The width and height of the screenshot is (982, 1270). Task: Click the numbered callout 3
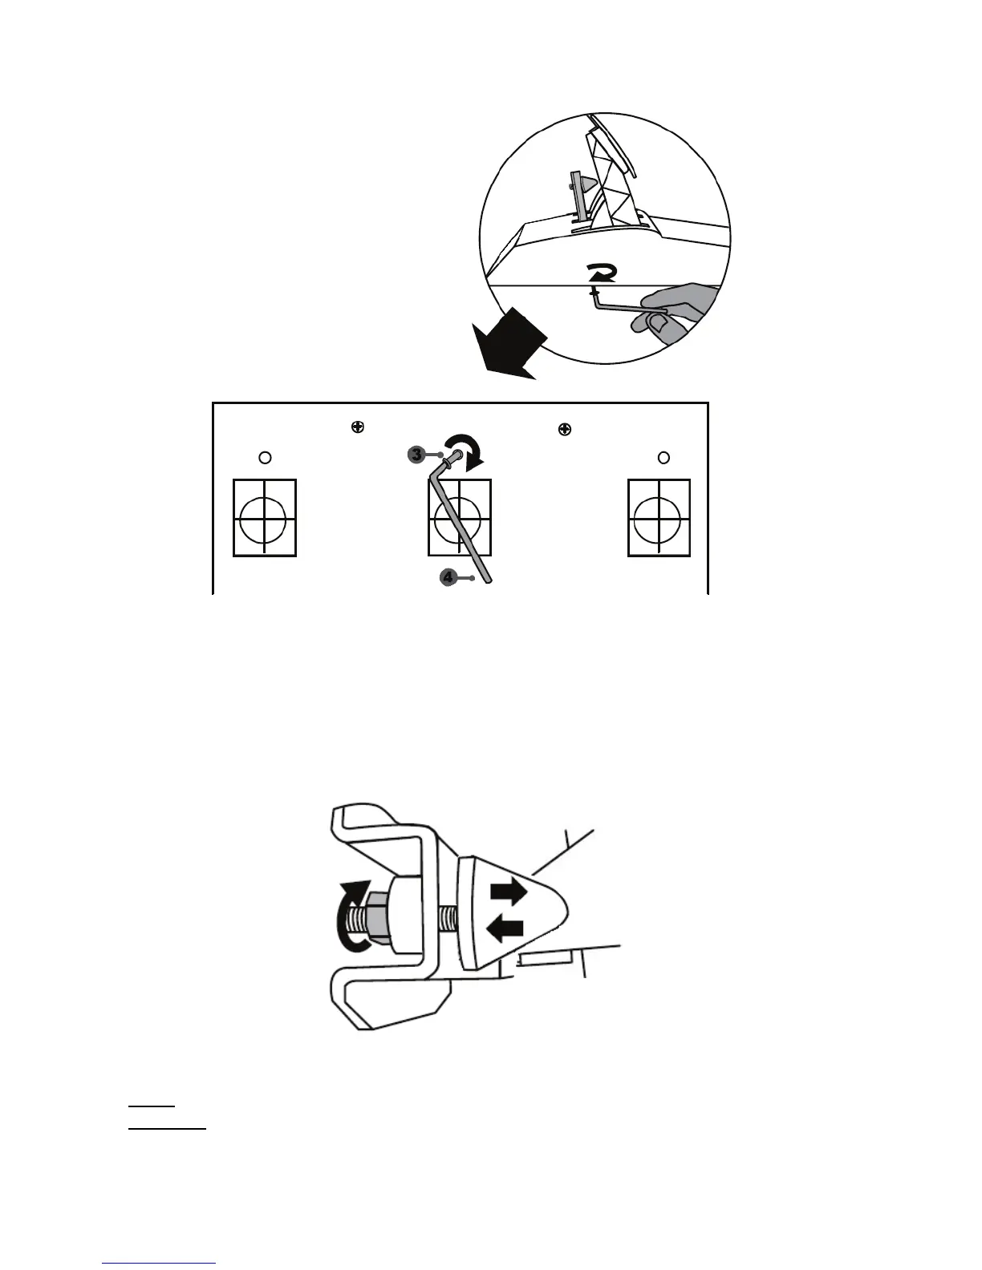point(416,455)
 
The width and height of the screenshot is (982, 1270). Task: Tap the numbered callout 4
point(448,576)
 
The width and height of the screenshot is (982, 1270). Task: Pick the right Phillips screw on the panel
point(565,429)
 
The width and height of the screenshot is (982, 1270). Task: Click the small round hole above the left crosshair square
point(266,457)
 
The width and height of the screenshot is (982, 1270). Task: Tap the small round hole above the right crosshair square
point(663,457)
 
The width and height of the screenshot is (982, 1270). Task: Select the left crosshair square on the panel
point(264,517)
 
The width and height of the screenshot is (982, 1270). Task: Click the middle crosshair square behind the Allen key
point(460,517)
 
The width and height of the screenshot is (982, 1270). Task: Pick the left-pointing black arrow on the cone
point(505,928)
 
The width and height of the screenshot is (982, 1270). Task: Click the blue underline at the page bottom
point(159,1264)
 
